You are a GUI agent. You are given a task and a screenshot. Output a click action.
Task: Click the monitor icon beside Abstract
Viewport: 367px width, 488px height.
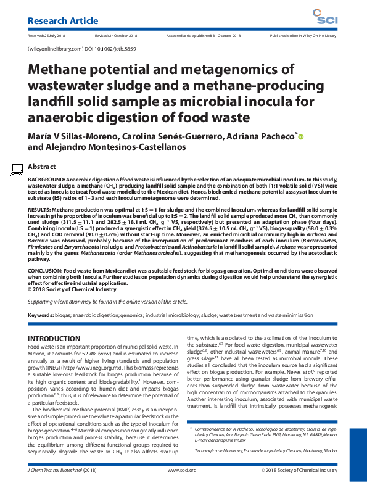coord(18,168)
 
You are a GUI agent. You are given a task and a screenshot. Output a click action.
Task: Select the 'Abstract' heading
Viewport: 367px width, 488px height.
coord(43,167)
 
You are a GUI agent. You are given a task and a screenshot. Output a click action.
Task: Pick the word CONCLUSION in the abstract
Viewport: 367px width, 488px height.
coord(44,270)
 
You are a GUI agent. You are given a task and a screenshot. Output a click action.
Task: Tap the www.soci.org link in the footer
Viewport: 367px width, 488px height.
coord(182,470)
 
